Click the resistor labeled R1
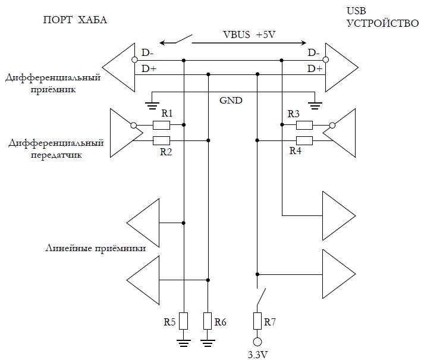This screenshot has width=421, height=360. click(x=161, y=125)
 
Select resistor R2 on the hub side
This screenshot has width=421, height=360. click(x=161, y=140)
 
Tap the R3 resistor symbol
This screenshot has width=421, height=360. click(x=304, y=125)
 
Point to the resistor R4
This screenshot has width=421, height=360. click(x=304, y=140)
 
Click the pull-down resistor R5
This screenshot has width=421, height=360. click(x=184, y=321)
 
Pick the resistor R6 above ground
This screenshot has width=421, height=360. click(x=208, y=321)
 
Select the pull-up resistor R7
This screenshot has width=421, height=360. click(x=257, y=321)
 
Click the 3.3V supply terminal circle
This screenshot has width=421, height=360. click(x=257, y=342)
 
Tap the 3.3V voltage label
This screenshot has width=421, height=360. click(x=257, y=355)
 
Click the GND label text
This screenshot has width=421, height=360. click(x=231, y=100)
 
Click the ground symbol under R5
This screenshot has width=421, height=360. click(x=184, y=342)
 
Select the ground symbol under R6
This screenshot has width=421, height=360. click(x=208, y=342)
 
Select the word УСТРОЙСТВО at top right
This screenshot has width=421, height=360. click(x=374, y=24)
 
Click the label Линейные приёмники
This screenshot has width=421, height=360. click(x=96, y=247)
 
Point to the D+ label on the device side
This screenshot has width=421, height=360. click(x=315, y=69)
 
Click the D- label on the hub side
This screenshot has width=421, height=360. click(x=147, y=54)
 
